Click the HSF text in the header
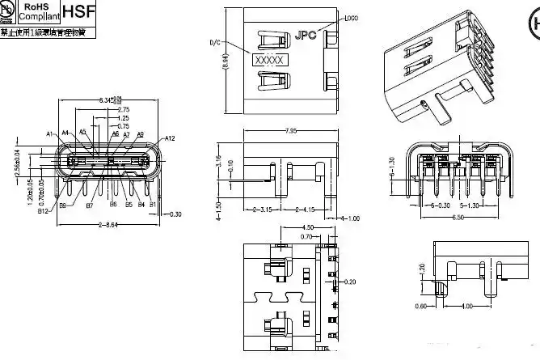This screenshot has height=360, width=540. (x=78, y=14)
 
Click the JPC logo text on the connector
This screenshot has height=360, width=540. (x=306, y=35)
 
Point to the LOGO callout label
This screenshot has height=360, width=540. (x=351, y=18)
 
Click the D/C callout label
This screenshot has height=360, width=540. (x=214, y=43)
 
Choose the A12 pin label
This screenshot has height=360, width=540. (x=169, y=138)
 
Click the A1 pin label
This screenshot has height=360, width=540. (x=49, y=133)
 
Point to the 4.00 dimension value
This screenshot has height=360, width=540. (x=466, y=306)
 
